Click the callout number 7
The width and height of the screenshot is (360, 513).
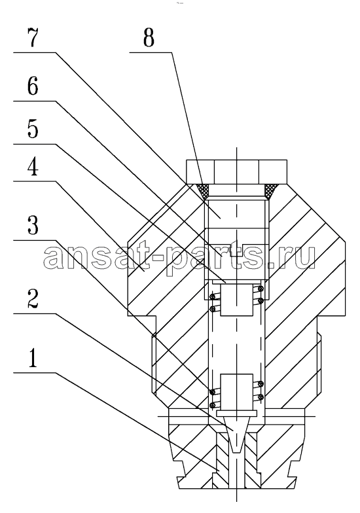coord(33,38)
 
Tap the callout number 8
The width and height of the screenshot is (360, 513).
coord(149,38)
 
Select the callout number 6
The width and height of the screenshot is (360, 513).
coord(33,86)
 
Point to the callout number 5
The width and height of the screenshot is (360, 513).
coord(33,129)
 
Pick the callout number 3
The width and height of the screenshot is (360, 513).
coord(33,225)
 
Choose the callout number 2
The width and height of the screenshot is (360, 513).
coord(33,298)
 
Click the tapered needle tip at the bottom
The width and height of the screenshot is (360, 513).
coord(237,434)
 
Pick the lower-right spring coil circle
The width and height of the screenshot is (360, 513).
coord(261,397)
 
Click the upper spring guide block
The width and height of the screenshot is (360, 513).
coord(237,300)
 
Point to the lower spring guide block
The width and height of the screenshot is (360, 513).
coord(237,391)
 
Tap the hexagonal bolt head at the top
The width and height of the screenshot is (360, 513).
coord(237,171)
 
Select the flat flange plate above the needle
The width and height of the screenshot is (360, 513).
coord(237,413)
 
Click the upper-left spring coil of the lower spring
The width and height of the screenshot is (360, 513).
coord(213,391)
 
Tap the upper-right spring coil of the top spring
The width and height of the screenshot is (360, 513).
coord(261,288)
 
